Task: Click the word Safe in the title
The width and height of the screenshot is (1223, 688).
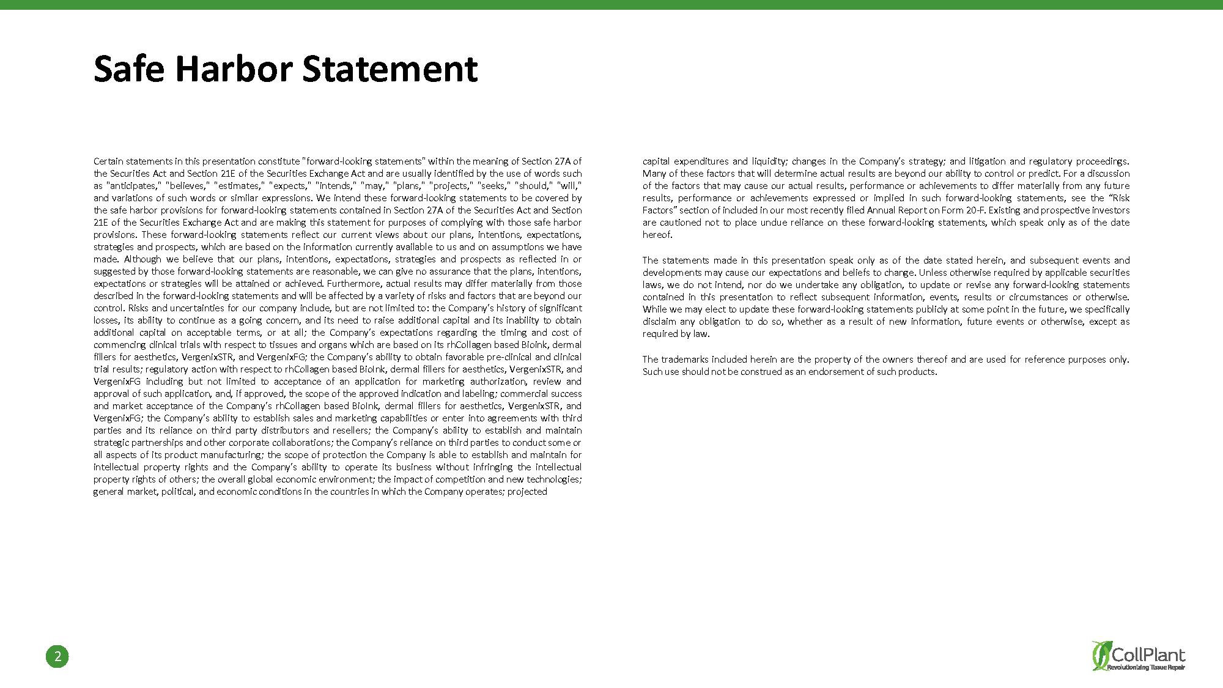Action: tap(129, 68)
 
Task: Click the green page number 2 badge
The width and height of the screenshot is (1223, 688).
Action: tap(57, 657)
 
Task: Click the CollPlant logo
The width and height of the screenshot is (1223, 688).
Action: tap(1139, 656)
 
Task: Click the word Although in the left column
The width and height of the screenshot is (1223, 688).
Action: tap(142, 259)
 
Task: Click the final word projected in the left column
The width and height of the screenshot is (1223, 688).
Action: tap(527, 492)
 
